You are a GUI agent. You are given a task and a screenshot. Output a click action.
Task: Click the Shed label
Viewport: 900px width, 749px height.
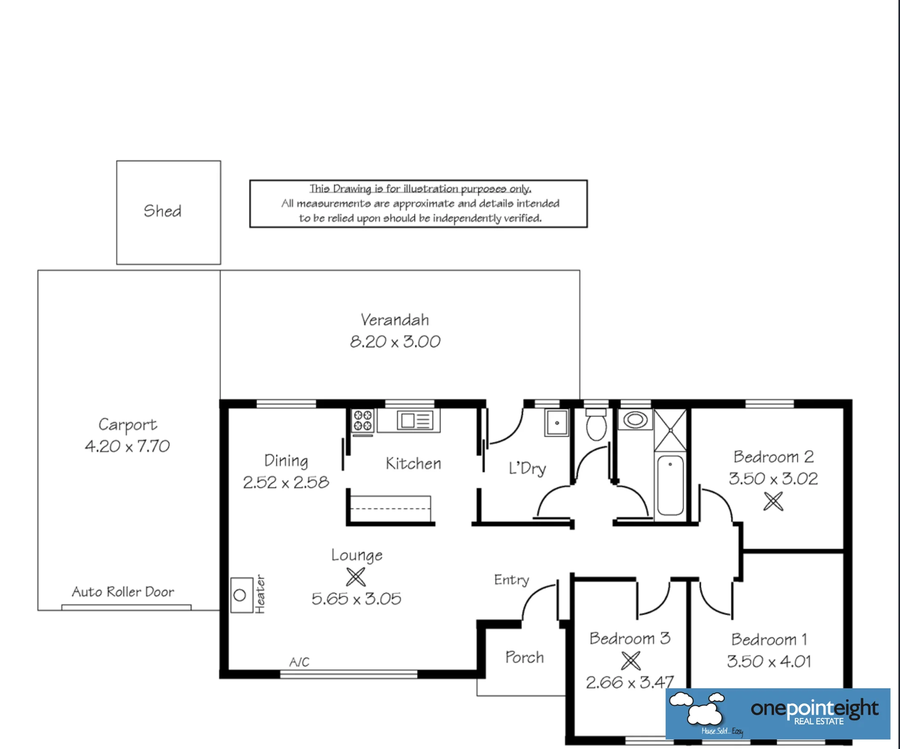coord(162,211)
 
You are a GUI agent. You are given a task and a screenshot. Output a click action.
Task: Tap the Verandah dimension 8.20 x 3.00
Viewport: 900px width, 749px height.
coord(395,342)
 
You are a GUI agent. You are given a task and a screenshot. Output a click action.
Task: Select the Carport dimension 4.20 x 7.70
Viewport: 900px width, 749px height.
coord(127,446)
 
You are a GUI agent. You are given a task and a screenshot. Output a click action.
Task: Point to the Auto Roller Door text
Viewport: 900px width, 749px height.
coord(123,591)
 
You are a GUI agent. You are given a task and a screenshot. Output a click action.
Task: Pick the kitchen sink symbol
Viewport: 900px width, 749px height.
coord(415,421)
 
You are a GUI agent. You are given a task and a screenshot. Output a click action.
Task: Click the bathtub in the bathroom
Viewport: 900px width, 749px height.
coord(670,485)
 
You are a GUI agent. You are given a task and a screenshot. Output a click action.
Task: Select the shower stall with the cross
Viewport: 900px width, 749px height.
coord(670,430)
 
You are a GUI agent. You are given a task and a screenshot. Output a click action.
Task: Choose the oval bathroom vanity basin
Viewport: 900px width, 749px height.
coord(635,420)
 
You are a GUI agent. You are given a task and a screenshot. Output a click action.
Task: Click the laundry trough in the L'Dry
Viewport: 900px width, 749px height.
coord(557,423)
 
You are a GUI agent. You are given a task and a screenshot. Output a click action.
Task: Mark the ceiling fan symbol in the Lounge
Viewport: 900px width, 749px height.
coord(356,577)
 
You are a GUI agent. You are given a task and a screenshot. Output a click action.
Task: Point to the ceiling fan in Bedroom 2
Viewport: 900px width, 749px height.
coord(773,501)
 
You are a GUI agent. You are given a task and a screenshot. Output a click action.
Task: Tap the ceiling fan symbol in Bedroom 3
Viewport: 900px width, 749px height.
coord(630,661)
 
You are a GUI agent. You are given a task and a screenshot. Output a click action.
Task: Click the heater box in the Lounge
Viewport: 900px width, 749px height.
coord(242,595)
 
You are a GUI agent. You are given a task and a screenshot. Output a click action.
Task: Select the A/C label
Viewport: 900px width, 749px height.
coord(299,662)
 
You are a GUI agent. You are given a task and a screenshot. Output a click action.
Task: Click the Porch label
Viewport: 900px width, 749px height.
coord(525,657)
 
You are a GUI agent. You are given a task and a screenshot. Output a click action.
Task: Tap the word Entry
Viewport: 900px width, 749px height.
coord(512,580)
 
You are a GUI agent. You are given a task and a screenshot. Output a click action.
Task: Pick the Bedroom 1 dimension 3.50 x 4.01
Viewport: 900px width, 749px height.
coord(769,661)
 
